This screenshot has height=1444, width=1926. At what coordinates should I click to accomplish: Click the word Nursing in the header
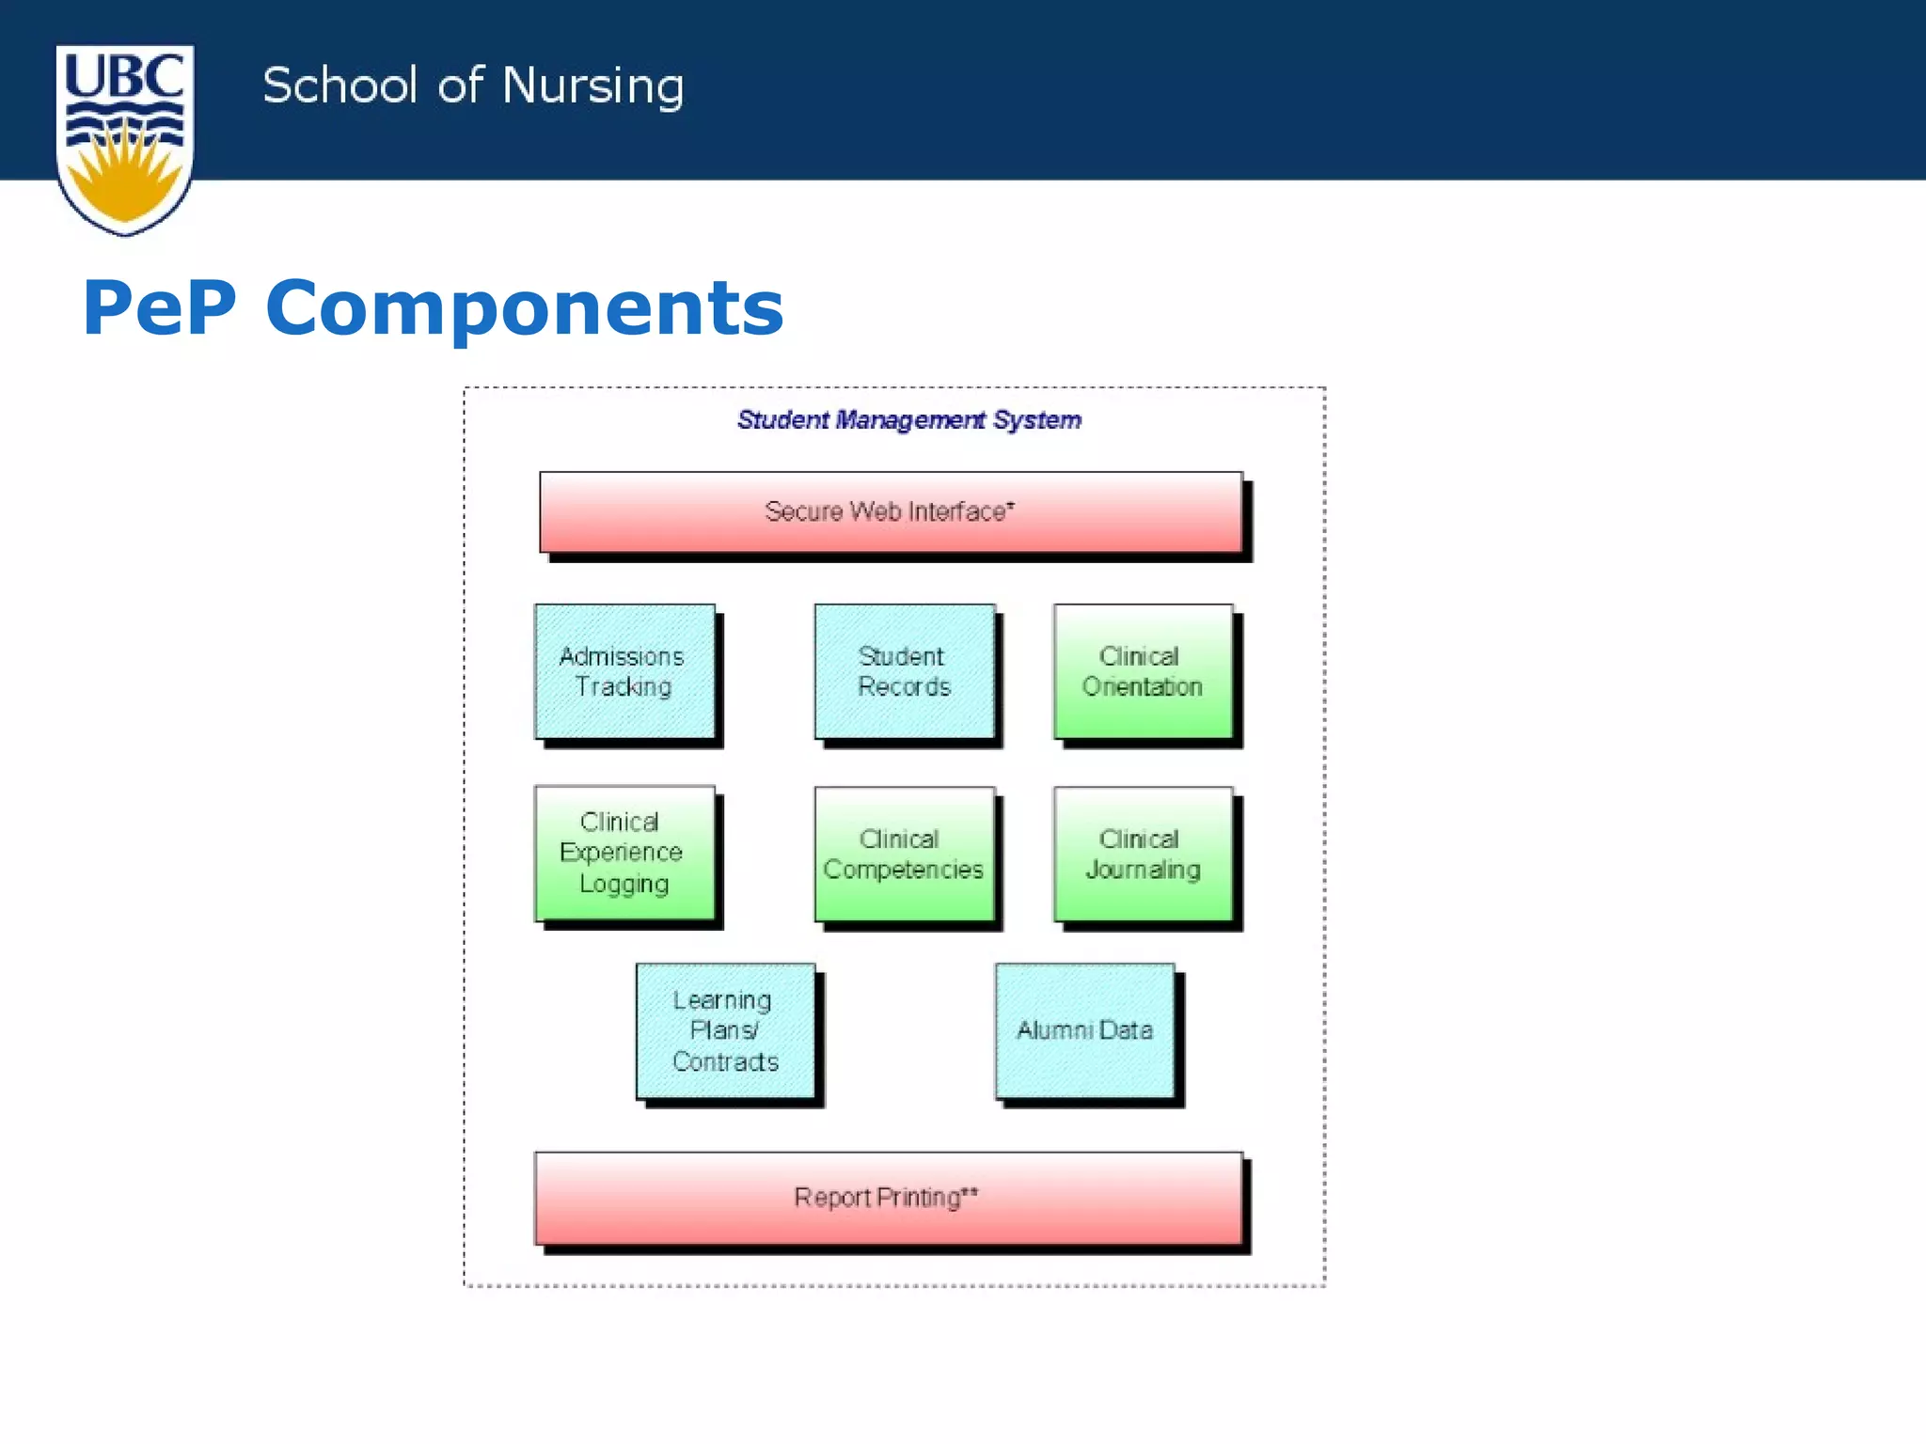click(x=592, y=86)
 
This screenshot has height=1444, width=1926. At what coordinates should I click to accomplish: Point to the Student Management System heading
click(x=908, y=419)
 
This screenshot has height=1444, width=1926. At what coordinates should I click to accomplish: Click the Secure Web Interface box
click(x=891, y=511)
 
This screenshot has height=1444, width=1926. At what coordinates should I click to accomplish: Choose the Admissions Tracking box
click(x=624, y=671)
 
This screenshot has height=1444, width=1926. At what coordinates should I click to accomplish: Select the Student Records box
click(x=904, y=671)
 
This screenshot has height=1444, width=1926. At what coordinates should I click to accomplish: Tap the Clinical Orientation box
click(x=1143, y=671)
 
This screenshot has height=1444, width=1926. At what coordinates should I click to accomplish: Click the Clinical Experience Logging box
click(x=624, y=853)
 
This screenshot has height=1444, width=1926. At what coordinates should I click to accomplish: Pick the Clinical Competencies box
click(x=904, y=854)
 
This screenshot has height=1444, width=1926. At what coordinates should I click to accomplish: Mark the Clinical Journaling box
click(x=1143, y=854)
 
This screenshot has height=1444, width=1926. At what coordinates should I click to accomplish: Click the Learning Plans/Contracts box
click(x=725, y=1030)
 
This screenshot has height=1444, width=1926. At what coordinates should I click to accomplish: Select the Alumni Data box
click(x=1084, y=1030)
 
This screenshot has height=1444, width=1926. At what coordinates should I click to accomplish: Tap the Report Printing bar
click(x=889, y=1198)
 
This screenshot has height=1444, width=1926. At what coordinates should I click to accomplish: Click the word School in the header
click(x=339, y=86)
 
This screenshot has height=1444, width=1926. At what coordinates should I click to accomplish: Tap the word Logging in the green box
click(x=624, y=884)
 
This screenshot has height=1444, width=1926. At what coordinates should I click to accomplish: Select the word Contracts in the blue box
click(x=725, y=1061)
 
